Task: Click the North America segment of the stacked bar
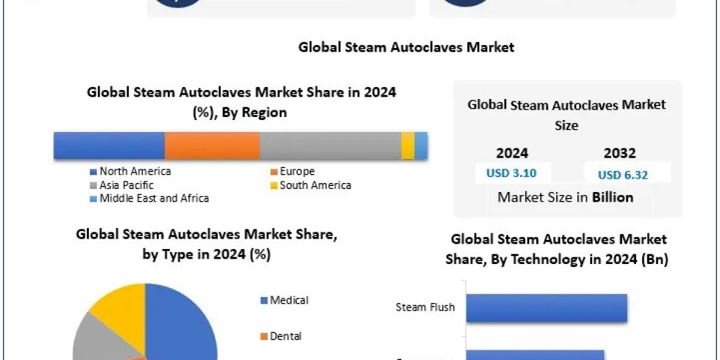(x=109, y=146)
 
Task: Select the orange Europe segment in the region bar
(x=212, y=146)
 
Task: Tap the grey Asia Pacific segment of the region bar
(x=331, y=146)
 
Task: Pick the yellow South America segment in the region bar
(x=408, y=146)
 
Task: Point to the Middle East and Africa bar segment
(x=422, y=146)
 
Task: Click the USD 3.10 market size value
(x=511, y=173)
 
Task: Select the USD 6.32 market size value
(x=623, y=175)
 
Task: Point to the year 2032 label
(x=620, y=153)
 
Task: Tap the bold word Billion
(x=613, y=197)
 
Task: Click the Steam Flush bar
(x=546, y=308)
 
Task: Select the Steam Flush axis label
(x=425, y=308)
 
